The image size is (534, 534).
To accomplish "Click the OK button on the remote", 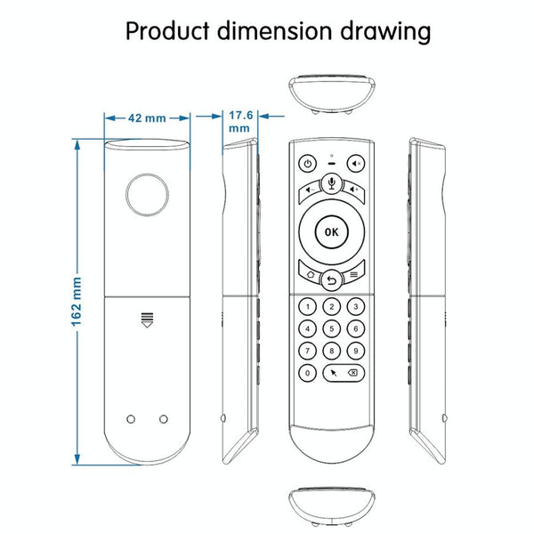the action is (x=331, y=232).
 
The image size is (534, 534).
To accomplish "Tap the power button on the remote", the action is (x=308, y=164).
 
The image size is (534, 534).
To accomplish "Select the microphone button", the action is (x=331, y=184).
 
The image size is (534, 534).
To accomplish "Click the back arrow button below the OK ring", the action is (x=331, y=280).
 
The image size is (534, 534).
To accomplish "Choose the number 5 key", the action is (x=331, y=329).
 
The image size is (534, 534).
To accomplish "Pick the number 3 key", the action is (x=355, y=307).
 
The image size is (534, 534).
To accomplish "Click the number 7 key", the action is (x=308, y=351).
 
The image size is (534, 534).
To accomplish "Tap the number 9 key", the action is (x=355, y=351).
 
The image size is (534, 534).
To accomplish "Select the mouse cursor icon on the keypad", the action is (x=334, y=373).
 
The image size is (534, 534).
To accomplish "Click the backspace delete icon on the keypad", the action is (x=352, y=373).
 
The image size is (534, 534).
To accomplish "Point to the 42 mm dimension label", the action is (x=147, y=118).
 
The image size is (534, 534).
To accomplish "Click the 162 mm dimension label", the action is (x=77, y=302).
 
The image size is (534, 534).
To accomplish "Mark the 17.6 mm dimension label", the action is (x=240, y=122).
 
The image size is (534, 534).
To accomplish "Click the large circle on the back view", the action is (x=147, y=195).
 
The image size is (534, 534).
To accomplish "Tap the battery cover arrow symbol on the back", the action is (x=147, y=320).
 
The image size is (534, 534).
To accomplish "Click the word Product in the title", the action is (x=167, y=31).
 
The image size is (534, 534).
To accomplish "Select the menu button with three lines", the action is (x=353, y=273).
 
